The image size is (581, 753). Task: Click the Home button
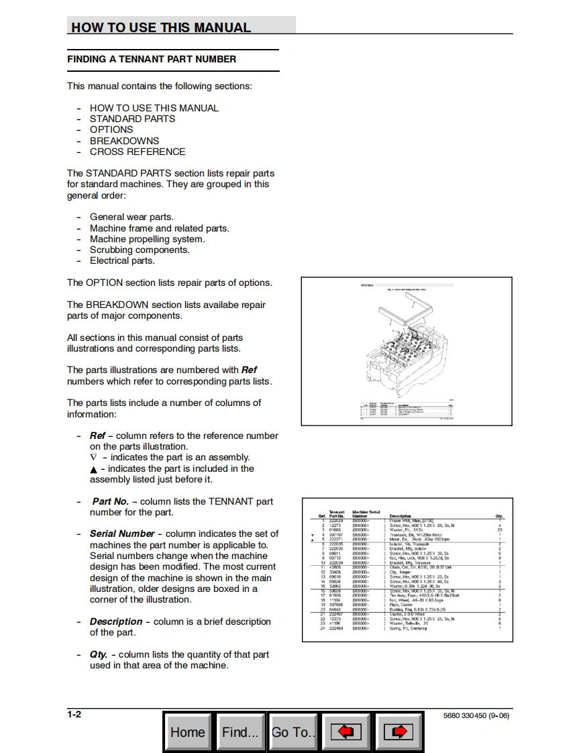tap(188, 732)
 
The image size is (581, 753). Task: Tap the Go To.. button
tap(293, 732)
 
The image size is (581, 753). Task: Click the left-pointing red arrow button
tap(346, 732)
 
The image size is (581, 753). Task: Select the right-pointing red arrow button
tap(398, 732)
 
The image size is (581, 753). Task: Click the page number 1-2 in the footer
tap(74, 714)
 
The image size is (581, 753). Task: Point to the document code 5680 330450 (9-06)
tap(476, 715)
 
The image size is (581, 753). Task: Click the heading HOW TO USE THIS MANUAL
tap(161, 28)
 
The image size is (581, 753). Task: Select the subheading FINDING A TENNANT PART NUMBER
tap(152, 59)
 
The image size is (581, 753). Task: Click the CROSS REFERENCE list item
tap(138, 152)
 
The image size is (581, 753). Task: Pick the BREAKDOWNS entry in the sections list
tap(124, 141)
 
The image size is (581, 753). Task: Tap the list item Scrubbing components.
tap(140, 250)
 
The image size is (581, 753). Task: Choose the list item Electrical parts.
tap(122, 260)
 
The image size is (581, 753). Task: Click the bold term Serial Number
tap(122, 534)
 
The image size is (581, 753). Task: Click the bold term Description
tap(116, 621)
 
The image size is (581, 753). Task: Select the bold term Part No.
tap(110, 501)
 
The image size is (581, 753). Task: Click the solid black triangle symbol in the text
tap(93, 469)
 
